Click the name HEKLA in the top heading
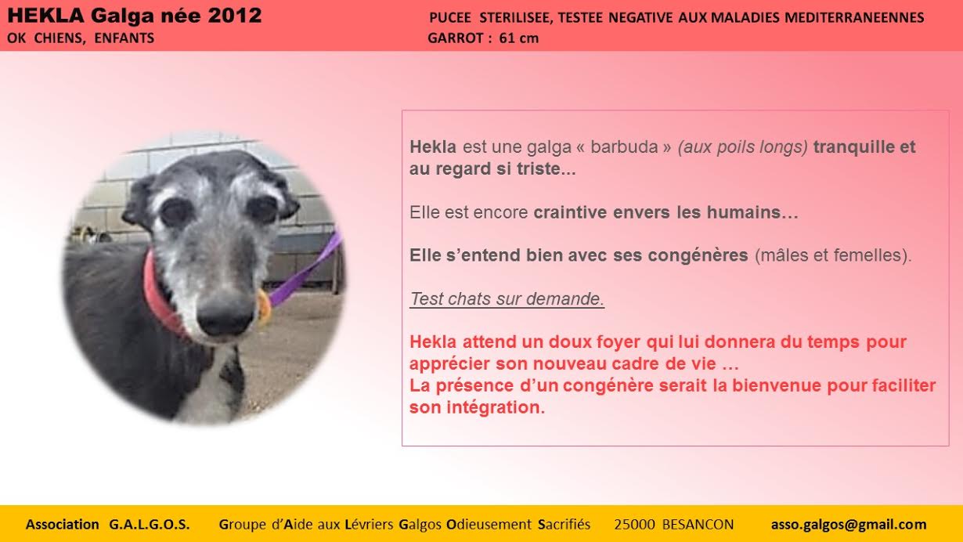(45, 16)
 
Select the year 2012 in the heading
(235, 16)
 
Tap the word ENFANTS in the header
(124, 38)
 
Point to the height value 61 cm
(519, 38)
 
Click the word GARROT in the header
(456, 38)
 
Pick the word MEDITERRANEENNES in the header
(854, 18)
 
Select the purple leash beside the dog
(306, 269)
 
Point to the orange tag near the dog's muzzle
(264, 307)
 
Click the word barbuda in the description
(624, 147)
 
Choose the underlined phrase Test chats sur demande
(507, 299)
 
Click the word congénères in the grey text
(698, 255)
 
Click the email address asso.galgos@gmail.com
(849, 524)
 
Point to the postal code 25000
(634, 524)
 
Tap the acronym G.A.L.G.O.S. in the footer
(150, 524)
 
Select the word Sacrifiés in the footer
(564, 524)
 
